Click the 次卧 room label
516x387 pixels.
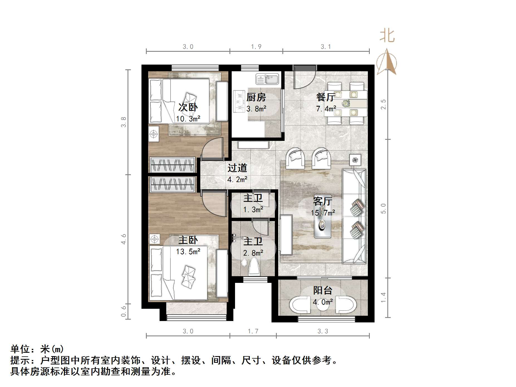point(188,107)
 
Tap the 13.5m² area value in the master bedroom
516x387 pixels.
point(188,252)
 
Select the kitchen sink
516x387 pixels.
point(267,79)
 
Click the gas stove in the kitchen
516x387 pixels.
point(239,101)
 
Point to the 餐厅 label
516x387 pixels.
point(326,97)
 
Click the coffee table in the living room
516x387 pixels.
point(322,220)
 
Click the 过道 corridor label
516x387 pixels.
point(237,168)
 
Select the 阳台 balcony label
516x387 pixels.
point(322,291)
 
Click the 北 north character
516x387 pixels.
point(387,36)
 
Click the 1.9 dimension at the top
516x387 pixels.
point(256,47)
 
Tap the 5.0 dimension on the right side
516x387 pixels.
point(383,209)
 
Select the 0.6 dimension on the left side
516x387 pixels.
point(124,311)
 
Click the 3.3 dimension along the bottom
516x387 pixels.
point(323,331)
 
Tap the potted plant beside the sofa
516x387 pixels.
point(355,160)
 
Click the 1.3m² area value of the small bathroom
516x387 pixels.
point(253,210)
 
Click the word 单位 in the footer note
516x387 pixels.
point(20,349)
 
